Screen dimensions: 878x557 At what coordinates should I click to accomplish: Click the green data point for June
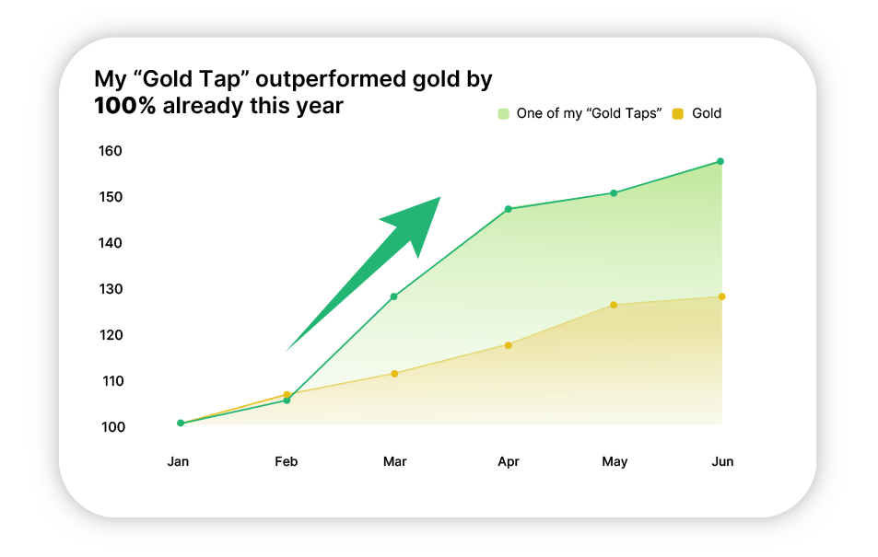click(720, 161)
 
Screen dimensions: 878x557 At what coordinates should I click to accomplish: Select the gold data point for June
click(721, 296)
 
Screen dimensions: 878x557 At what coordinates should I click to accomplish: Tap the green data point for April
click(509, 209)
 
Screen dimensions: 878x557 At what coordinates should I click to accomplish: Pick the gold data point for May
click(614, 305)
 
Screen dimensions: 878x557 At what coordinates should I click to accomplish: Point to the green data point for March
click(393, 296)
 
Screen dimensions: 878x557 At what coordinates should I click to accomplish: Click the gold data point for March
click(394, 374)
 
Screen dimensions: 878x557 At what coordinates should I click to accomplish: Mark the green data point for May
click(614, 193)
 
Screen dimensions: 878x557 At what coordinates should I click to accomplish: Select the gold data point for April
click(509, 345)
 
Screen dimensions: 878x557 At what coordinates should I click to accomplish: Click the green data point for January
click(181, 424)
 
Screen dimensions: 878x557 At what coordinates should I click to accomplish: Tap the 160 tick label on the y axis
click(111, 151)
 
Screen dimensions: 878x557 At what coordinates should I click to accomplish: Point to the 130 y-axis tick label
click(111, 289)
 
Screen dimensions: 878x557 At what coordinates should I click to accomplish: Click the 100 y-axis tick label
click(113, 427)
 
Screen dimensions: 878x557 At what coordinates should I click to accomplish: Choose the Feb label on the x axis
click(287, 462)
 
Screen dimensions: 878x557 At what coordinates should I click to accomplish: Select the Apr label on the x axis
click(509, 462)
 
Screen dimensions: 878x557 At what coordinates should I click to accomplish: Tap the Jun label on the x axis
click(722, 462)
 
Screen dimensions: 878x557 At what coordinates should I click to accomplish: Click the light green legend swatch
click(503, 113)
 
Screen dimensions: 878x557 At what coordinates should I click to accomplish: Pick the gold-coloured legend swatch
click(678, 113)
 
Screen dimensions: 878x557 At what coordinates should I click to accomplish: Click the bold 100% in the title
click(125, 106)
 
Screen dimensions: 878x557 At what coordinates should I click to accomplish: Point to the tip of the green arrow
click(440, 197)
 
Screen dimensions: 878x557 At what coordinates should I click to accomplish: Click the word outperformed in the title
click(331, 80)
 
